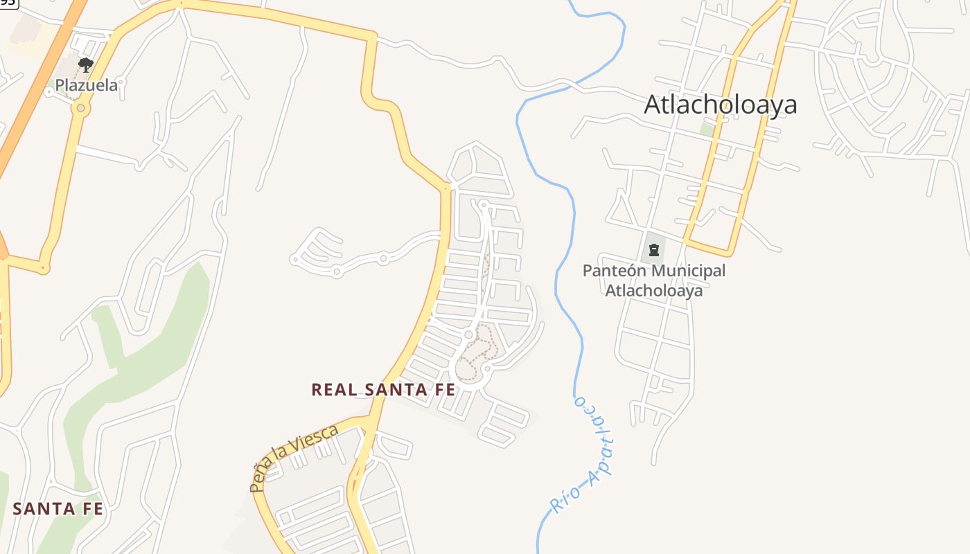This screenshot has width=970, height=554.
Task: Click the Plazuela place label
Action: pos(87,86)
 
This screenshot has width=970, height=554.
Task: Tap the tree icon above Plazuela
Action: pos(86,66)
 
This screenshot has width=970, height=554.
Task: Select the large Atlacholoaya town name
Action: pos(721,105)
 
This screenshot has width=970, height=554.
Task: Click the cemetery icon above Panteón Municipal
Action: pos(653,249)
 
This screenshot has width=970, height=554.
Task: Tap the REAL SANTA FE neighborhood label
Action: pos(383,390)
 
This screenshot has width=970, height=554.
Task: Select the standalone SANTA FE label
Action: pos(58,509)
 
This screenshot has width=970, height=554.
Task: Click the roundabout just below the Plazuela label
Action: pos(81,108)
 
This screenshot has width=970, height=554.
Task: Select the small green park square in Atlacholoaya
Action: pos(706,129)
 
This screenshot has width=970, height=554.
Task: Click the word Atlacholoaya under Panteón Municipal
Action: pos(654,290)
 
